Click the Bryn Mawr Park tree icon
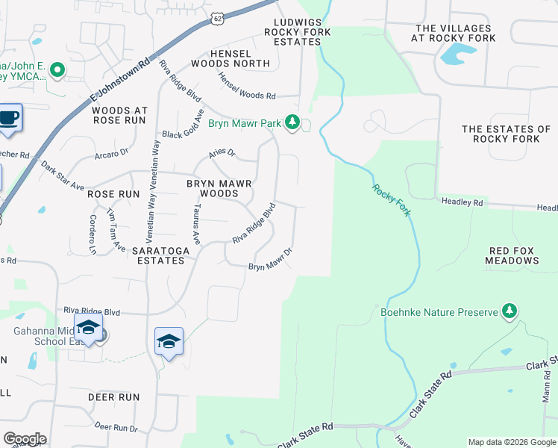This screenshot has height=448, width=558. point(293,122)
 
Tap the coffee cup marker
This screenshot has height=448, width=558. point(9,119)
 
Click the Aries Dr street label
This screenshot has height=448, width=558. point(222,153)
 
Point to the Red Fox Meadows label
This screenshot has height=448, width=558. point(512,255)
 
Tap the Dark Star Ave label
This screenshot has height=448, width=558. point(63,175)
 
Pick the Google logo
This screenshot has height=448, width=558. point(25,438)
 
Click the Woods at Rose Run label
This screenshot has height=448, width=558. point(120,116)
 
